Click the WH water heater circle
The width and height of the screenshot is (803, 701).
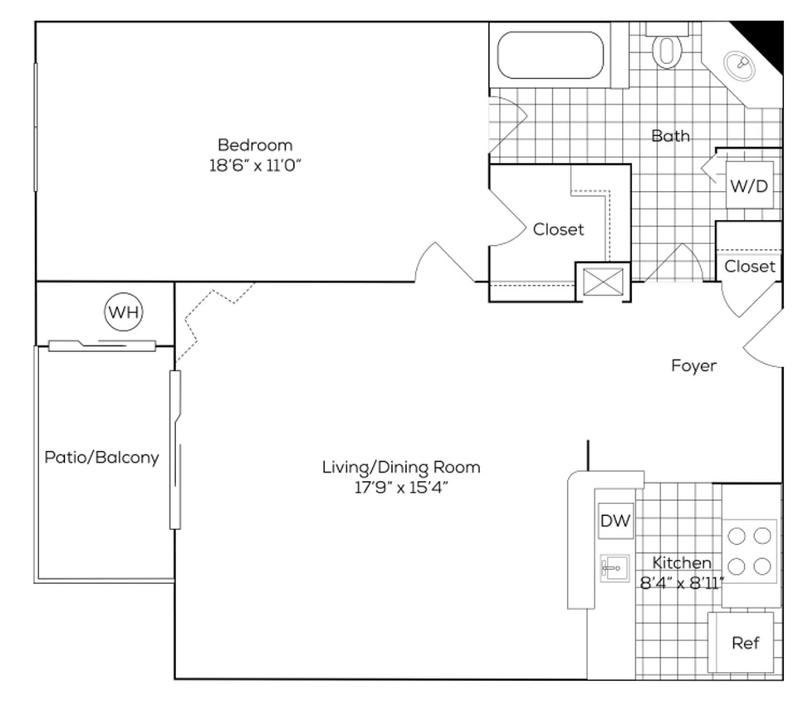pyautogui.click(x=124, y=313)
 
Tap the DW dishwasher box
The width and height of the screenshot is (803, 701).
pyautogui.click(x=615, y=522)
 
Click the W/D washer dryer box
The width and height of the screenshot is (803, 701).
pyautogui.click(x=749, y=186)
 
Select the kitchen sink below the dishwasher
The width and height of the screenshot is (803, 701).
pyautogui.click(x=614, y=569)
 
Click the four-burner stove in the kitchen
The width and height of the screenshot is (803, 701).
pyautogui.click(x=750, y=551)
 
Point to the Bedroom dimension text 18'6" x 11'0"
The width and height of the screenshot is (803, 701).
pyautogui.click(x=254, y=164)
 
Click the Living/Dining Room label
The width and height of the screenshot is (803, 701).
pyautogui.click(x=401, y=467)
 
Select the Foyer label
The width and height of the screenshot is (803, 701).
pyautogui.click(x=693, y=365)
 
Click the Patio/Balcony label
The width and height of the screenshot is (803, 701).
pyautogui.click(x=101, y=457)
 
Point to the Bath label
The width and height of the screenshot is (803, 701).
pyautogui.click(x=670, y=135)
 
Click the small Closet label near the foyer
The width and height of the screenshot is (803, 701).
pyautogui.click(x=750, y=267)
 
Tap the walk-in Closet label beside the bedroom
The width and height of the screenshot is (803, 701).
pyautogui.click(x=558, y=229)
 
